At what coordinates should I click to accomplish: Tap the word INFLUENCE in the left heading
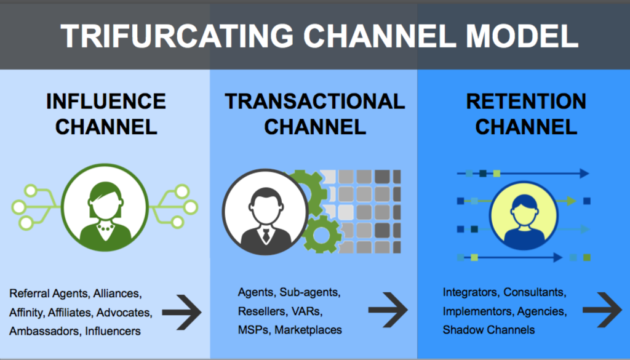pos(106,102)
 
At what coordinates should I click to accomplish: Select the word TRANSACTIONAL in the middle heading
pos(314,102)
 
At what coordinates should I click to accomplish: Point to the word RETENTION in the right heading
pos(526,102)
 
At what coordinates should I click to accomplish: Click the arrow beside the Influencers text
pos(182,313)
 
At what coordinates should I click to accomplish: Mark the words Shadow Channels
pos(488,330)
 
